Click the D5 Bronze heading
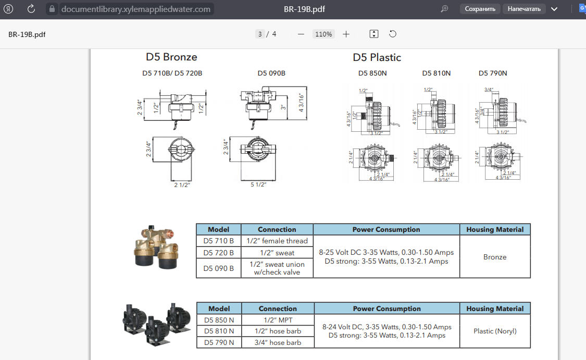[x=171, y=57]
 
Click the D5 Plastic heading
[x=377, y=57]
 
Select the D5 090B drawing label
[x=271, y=73]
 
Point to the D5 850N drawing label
[x=372, y=73]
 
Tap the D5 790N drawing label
[x=493, y=73]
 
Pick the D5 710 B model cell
[x=219, y=241]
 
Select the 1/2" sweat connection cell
[x=277, y=253]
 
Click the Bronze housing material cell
[x=495, y=257]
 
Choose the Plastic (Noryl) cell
[x=495, y=331]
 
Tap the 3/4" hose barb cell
[x=278, y=342]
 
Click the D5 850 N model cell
[x=219, y=319]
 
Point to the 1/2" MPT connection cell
[x=278, y=319]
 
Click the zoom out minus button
[x=301, y=34]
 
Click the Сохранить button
[x=480, y=9]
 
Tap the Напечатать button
[x=525, y=9]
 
